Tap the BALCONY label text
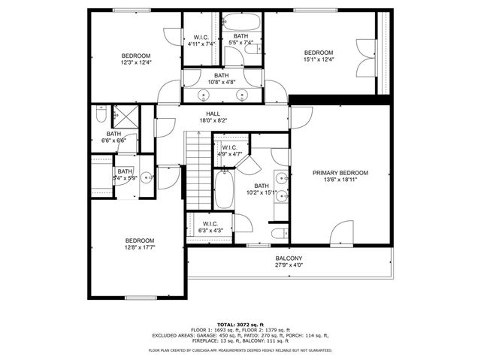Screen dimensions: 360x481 tap(289, 258)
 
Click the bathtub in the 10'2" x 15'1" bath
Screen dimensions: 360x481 tap(224, 190)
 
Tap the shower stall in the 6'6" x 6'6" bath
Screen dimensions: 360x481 tap(121, 116)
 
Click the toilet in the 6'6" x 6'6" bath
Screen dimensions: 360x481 tap(101, 116)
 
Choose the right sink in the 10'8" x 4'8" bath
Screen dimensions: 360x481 tap(242, 95)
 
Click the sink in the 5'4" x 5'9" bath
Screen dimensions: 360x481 tap(145, 179)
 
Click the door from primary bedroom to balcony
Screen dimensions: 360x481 tap(340, 233)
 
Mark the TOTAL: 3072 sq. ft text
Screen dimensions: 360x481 tap(240, 323)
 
